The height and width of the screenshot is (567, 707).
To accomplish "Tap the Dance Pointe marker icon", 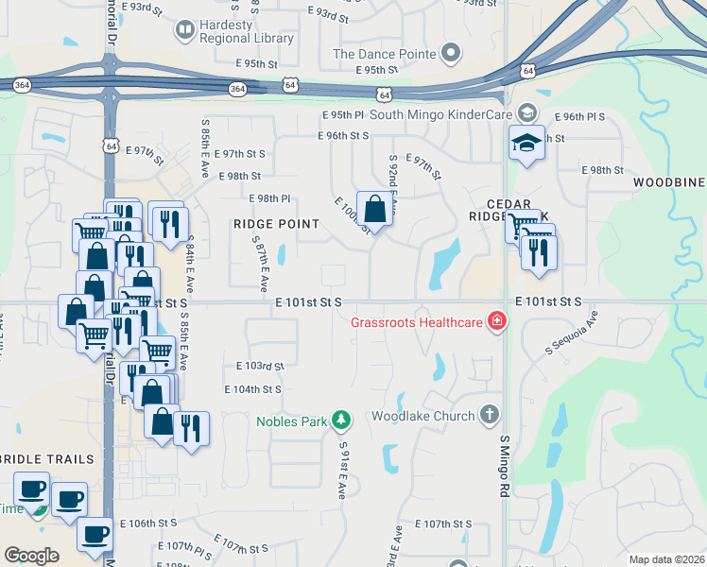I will coord(451,53).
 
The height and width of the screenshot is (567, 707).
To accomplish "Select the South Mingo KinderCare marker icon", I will coord(526,114).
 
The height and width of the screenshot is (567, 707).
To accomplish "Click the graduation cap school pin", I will coord(526,143).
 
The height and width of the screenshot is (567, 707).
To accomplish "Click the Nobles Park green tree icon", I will coord(340,421).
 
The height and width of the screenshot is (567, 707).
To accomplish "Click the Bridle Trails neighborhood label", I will coord(47,459).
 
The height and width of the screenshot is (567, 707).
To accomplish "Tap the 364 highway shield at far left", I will coord(21,85).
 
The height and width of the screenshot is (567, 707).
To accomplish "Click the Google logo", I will coord(31,555).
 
